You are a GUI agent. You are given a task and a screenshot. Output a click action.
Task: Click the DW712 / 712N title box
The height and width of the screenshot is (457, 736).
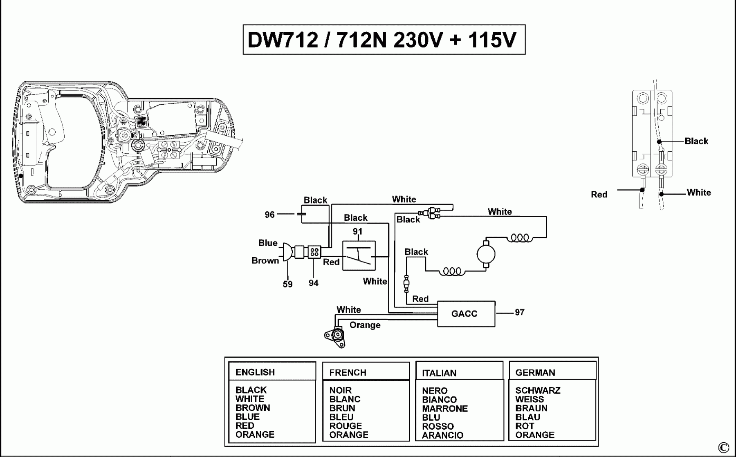click(384, 40)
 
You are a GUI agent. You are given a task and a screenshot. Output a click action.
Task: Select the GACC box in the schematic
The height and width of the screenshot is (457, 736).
click(466, 314)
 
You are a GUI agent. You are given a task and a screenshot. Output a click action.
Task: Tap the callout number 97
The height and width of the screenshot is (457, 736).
click(519, 312)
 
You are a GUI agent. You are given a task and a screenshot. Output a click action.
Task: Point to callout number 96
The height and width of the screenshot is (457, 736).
click(269, 215)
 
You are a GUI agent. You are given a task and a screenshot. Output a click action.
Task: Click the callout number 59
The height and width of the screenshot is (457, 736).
click(288, 284)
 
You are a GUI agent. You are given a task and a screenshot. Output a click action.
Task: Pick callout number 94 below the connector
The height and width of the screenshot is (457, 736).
click(314, 283)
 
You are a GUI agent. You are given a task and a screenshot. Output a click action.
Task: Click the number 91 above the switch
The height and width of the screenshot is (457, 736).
click(358, 232)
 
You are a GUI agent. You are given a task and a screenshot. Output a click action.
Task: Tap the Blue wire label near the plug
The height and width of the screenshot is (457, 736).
click(268, 243)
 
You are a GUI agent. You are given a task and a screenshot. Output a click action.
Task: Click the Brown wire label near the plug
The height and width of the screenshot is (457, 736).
click(265, 260)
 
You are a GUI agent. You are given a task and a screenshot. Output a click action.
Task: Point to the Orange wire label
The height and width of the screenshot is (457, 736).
click(365, 325)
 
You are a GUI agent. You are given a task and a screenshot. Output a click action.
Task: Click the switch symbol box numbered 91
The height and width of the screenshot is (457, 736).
click(359, 256)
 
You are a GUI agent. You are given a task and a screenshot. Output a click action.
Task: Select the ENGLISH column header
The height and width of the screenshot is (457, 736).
click(255, 372)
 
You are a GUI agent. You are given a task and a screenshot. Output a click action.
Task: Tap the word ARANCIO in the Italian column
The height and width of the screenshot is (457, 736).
click(442, 435)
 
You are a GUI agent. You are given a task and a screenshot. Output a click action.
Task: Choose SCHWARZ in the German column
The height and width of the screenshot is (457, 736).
click(538, 390)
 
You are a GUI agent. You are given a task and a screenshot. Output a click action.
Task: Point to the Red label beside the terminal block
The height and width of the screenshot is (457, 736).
click(599, 195)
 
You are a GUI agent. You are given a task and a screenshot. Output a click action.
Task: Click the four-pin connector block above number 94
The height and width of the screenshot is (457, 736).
click(314, 252)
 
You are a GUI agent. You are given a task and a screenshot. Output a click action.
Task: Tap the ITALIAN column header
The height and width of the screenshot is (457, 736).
click(439, 373)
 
